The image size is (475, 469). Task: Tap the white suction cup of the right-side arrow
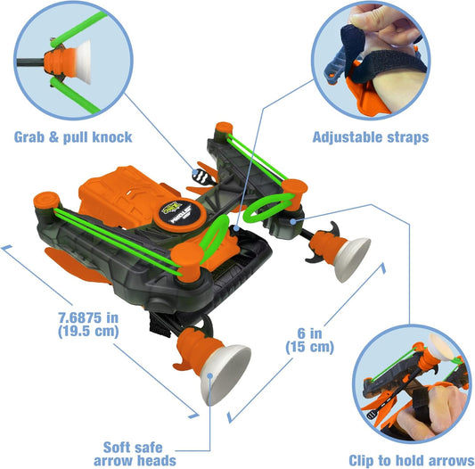(x=349, y=259)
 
